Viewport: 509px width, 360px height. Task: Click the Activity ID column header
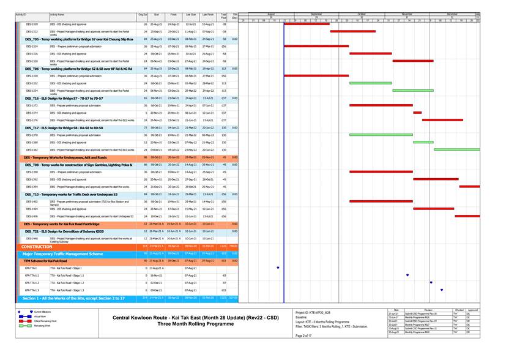(x=21, y=14)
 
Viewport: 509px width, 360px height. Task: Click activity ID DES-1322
(x=32, y=31)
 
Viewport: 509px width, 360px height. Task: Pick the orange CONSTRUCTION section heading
(x=38, y=246)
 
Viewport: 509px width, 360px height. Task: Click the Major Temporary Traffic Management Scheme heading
(x=62, y=253)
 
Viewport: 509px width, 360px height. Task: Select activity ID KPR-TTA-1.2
(x=32, y=283)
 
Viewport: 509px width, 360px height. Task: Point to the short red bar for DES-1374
(x=417, y=113)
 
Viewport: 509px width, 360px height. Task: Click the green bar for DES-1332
(x=370, y=83)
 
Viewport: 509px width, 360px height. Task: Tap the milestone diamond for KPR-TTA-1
(x=278, y=268)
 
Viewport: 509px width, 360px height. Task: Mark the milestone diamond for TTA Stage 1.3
(x=441, y=290)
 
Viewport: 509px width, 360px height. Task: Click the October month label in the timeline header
(x=362, y=14)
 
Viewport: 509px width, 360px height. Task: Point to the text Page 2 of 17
(x=304, y=336)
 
